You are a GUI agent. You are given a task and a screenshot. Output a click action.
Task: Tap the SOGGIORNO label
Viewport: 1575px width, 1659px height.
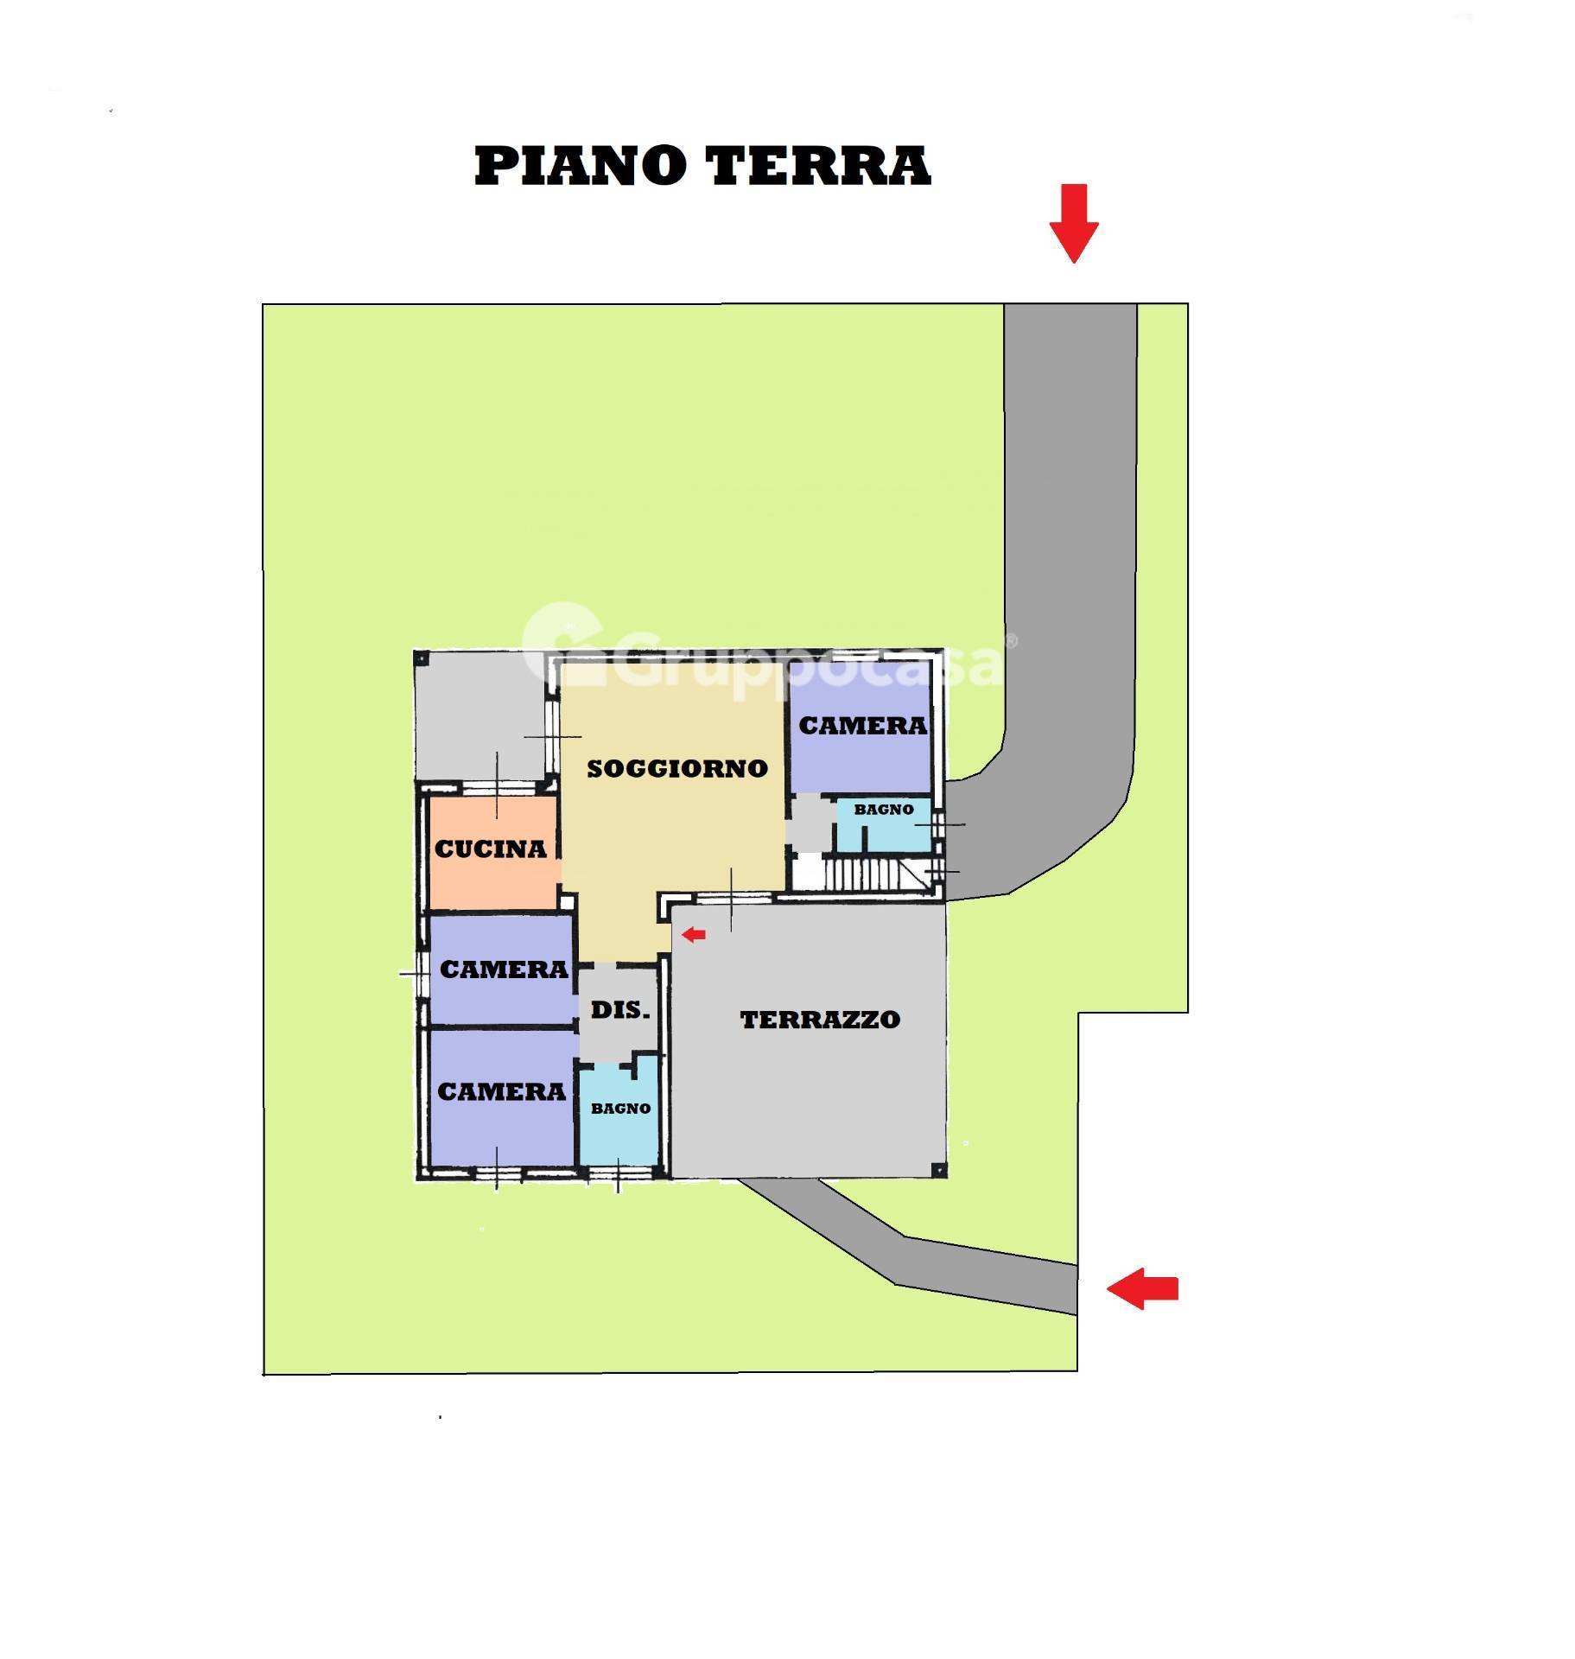676,768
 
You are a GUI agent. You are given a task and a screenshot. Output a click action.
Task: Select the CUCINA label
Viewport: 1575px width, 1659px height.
490,849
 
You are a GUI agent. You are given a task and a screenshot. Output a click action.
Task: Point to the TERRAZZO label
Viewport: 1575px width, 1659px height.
820,1020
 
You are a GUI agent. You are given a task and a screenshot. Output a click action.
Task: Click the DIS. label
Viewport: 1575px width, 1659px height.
619,1009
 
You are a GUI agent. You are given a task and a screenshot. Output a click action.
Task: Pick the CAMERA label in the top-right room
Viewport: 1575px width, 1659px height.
862,726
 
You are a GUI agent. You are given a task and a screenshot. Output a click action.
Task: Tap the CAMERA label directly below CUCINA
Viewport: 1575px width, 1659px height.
504,969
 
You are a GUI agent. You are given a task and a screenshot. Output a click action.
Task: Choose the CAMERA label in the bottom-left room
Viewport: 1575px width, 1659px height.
501,1092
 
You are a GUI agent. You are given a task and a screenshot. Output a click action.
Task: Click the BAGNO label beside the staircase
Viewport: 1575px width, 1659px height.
883,810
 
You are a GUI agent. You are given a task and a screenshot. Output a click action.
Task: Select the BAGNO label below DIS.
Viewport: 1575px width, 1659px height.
620,1109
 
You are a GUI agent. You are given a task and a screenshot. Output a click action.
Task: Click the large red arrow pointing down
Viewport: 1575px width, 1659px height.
1074,223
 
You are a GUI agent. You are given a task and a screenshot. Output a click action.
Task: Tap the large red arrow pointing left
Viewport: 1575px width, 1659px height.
1142,1289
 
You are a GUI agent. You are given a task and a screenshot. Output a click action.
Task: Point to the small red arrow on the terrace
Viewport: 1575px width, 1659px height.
694,934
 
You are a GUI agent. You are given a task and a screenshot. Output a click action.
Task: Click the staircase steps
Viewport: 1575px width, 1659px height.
864,874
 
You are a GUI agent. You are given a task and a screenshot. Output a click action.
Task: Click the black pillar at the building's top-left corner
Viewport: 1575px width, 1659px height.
422,658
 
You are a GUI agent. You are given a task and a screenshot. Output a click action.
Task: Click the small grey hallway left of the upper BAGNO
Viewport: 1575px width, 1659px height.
809,823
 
